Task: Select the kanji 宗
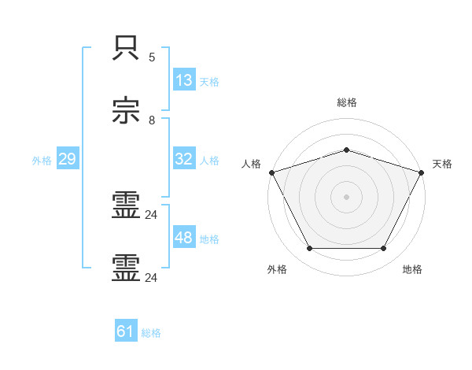coord(127,113)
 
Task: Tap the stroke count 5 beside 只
coord(152,57)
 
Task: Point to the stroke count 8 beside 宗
coord(152,120)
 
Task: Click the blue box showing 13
coord(184,80)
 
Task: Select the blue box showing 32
coord(184,159)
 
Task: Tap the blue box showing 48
coord(184,238)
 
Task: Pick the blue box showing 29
coord(67,160)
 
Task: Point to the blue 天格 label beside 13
coord(209,81)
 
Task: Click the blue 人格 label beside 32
coord(209,160)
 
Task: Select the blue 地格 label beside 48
coord(209,239)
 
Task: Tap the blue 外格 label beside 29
coord(42,161)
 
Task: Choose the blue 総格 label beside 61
coord(151,333)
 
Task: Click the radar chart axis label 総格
coord(346,102)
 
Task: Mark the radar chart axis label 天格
coord(442,164)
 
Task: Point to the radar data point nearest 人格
coord(271,172)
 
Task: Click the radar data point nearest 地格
coord(383,249)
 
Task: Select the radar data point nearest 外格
coord(309,249)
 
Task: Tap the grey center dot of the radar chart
coord(346,196)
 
